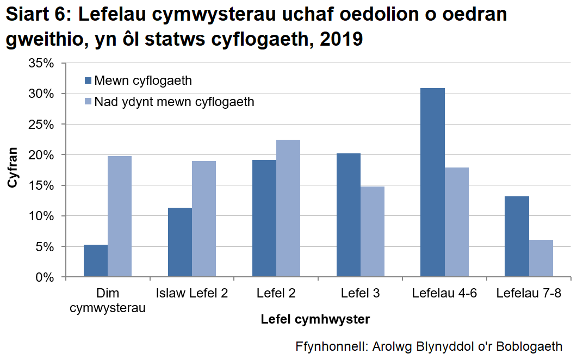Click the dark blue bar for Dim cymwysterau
point(96,261)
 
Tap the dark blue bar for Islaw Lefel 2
point(180,243)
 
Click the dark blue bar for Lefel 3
point(349,215)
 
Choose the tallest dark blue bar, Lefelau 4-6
point(433,183)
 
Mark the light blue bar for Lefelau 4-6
point(457,222)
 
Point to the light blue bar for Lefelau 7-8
point(541,258)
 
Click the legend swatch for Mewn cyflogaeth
point(89,81)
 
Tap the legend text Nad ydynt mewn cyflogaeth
point(174,102)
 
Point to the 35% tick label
point(41,63)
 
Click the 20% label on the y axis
point(41,155)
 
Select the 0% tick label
point(45,277)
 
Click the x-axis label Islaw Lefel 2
point(192,294)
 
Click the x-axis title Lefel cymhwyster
point(315,320)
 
